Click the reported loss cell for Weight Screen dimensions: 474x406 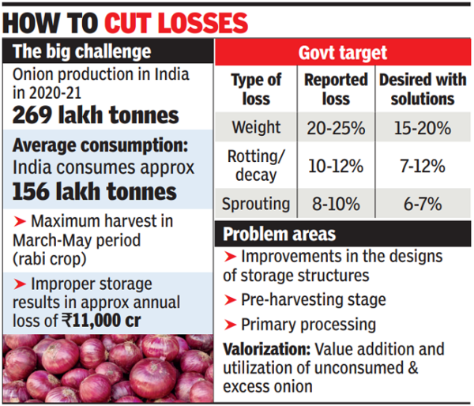336,128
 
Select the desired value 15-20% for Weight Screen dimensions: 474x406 423,128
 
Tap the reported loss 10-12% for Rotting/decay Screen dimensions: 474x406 336,166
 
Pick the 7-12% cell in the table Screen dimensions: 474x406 423,166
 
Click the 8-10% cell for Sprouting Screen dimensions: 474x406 336,204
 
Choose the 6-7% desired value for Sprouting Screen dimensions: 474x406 423,204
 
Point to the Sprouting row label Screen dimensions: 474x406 256,204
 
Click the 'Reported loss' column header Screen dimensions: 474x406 336,89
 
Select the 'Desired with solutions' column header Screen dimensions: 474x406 423,89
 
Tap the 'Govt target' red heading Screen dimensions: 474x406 343,53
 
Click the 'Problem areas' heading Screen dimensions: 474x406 279,235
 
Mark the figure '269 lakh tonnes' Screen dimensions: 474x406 96,115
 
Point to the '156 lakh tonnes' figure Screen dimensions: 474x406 94,192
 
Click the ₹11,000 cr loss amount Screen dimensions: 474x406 101,320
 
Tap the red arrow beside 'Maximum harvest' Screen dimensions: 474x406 20,221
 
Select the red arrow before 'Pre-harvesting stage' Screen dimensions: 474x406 230,300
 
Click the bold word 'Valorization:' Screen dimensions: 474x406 267,350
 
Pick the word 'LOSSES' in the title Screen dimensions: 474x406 203,23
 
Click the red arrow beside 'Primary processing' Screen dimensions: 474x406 230,325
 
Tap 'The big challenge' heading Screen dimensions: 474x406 81,51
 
